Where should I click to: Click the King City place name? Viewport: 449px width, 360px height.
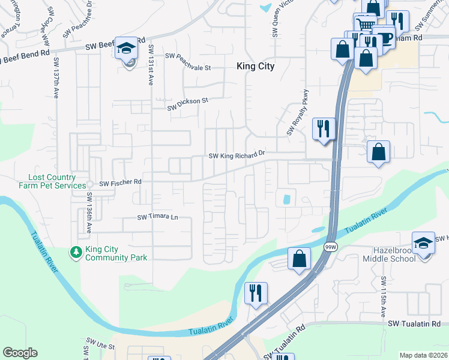pyautogui.click(x=256, y=67)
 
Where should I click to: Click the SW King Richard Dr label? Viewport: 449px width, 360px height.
pyautogui.click(x=237, y=155)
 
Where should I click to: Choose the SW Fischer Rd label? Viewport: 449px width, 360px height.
pyautogui.click(x=120, y=182)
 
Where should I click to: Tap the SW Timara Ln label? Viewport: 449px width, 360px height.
pyautogui.click(x=158, y=217)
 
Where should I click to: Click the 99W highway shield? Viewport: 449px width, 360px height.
pyautogui.click(x=331, y=246)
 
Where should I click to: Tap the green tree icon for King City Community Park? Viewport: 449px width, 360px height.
pyautogui.click(x=76, y=251)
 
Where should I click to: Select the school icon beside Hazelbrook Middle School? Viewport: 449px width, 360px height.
pyautogui.click(x=423, y=244)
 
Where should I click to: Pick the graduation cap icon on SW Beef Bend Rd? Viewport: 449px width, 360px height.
pyautogui.click(x=127, y=48)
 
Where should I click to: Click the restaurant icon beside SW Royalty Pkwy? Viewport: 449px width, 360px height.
pyautogui.click(x=324, y=128)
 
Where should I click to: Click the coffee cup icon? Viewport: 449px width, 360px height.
pyautogui.click(x=384, y=37)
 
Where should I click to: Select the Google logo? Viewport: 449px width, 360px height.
pyautogui.click(x=20, y=353)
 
